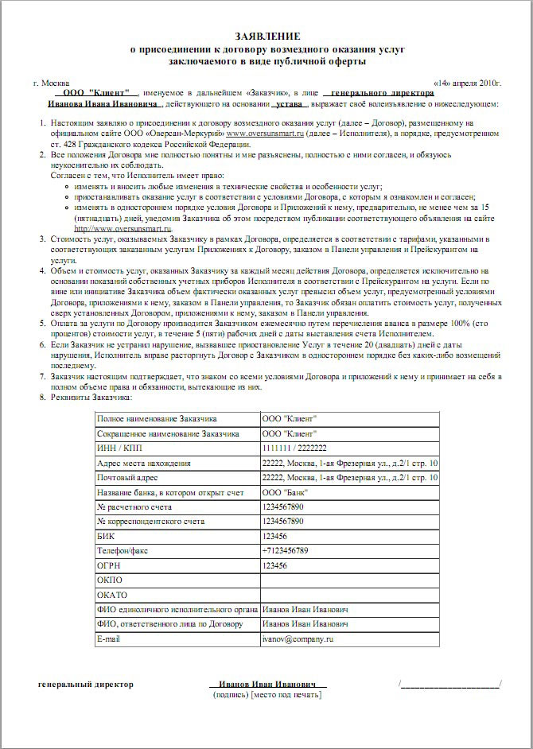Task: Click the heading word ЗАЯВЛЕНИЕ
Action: (x=267, y=37)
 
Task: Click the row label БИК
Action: (x=103, y=536)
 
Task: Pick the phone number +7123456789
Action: (x=285, y=550)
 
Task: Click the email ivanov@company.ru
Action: (x=297, y=638)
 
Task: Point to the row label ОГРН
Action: (x=108, y=565)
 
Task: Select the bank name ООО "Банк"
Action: (x=282, y=492)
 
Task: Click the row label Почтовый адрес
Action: (x=127, y=478)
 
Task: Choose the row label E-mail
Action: (x=107, y=638)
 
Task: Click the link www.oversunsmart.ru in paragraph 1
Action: (x=266, y=134)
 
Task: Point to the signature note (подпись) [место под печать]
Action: (x=267, y=695)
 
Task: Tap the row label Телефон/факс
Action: (x=124, y=550)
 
